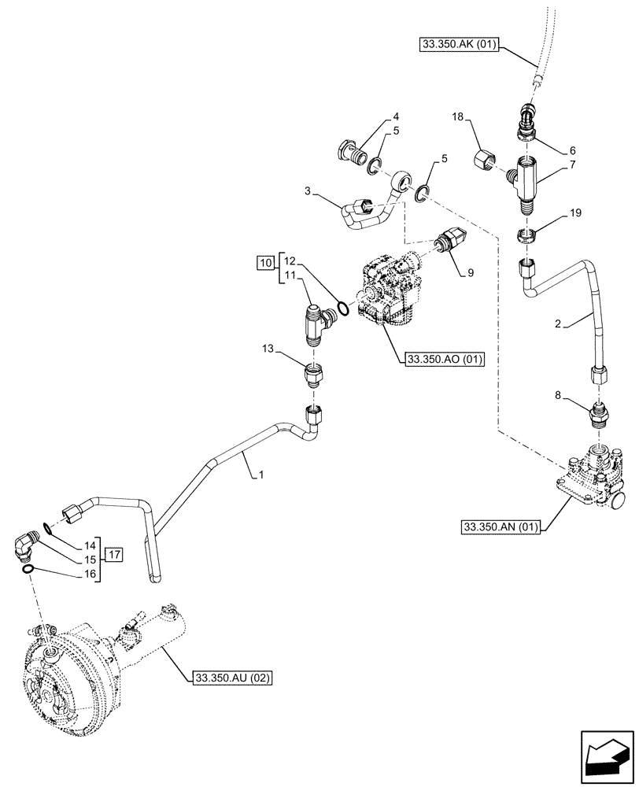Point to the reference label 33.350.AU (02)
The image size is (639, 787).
pos(231,676)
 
